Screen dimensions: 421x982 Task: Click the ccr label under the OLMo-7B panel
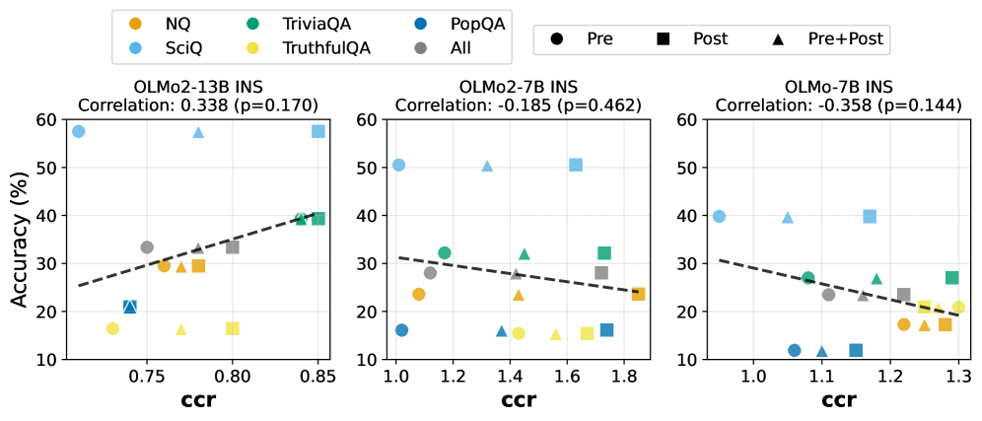838,401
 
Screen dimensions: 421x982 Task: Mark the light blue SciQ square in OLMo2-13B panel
318,131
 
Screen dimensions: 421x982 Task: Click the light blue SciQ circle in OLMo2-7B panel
398,165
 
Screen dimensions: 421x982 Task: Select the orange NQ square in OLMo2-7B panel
638,294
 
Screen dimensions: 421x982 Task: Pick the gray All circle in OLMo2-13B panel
147,247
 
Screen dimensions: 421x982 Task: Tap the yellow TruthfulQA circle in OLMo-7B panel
958,307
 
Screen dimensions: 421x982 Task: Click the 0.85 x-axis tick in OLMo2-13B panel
318,376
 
